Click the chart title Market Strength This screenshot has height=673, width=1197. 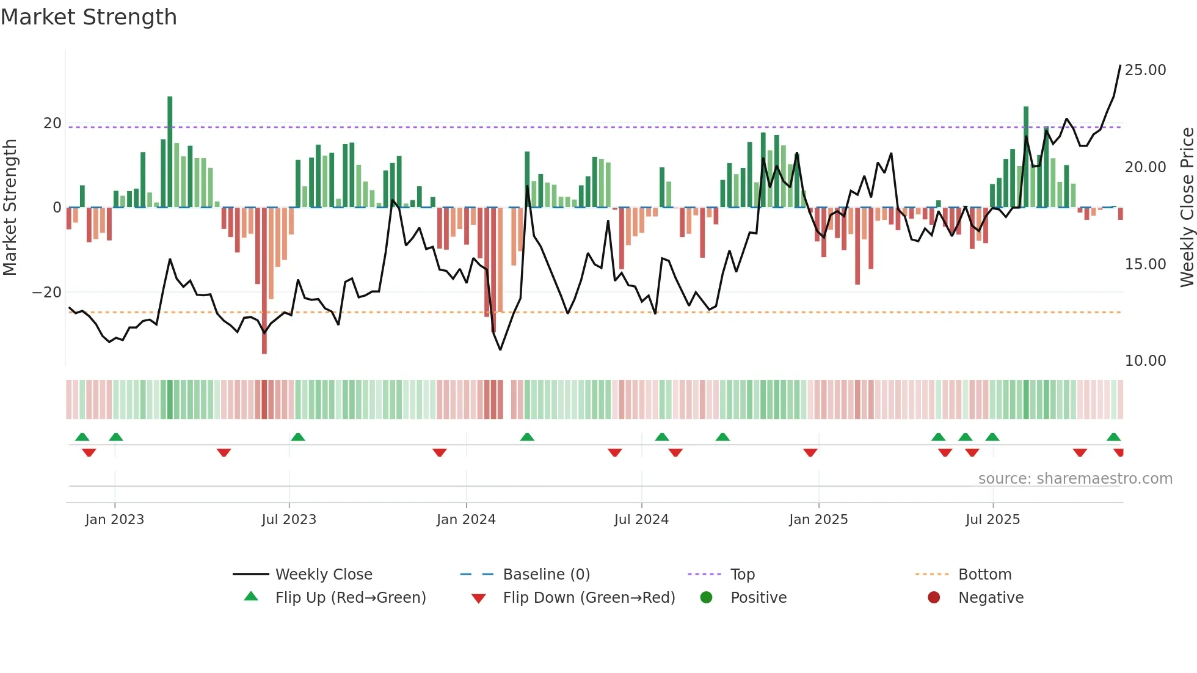point(89,17)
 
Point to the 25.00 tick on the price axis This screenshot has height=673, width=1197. point(1145,70)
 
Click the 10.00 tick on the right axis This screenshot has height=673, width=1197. point(1145,361)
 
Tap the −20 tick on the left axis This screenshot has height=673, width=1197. point(47,293)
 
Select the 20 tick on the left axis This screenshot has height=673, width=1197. point(52,123)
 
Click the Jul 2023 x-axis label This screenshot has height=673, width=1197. point(289,520)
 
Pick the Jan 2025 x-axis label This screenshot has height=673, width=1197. point(818,520)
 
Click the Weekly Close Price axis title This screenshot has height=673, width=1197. point(1187,208)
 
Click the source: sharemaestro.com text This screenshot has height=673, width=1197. point(1075,479)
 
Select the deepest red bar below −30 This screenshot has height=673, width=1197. point(264,281)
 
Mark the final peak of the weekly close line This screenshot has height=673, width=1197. point(1120,65)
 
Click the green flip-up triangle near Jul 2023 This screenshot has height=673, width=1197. point(298,437)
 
